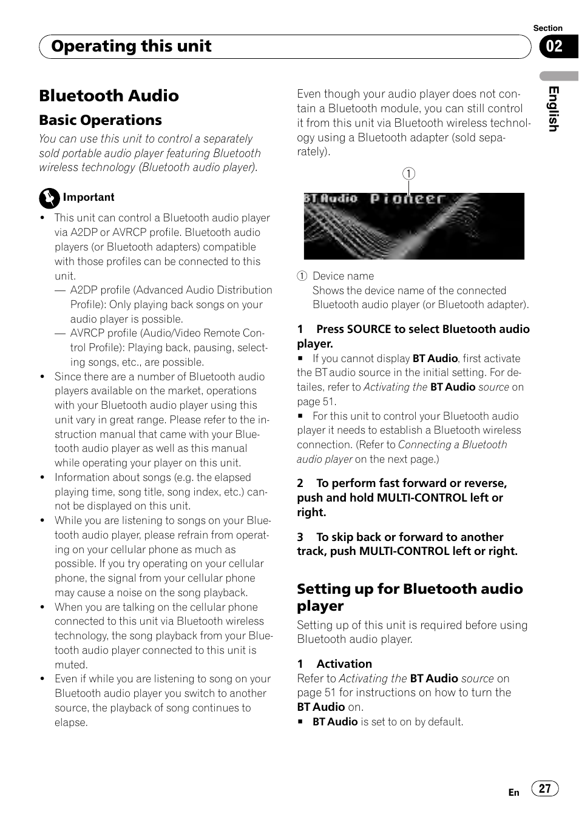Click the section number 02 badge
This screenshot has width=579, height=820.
554,47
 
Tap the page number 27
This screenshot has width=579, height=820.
545,788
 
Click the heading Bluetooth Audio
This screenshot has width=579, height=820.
109,96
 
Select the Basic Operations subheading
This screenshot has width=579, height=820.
101,120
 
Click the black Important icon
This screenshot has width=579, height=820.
49,198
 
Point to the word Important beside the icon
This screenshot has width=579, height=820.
89,197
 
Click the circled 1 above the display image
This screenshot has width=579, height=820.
409,173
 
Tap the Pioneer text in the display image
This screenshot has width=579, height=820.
408,199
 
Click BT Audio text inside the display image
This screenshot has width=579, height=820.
331,198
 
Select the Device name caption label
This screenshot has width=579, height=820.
343,276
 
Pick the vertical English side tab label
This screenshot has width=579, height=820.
553,109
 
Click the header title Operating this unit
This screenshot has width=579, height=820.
131,46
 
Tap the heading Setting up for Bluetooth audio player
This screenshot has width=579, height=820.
410,597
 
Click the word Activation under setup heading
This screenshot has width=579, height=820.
344,664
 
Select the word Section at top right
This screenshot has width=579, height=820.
547,28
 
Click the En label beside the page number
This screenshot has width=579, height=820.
513,792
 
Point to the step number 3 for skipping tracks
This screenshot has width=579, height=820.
300,537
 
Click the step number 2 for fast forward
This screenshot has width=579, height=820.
300,483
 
